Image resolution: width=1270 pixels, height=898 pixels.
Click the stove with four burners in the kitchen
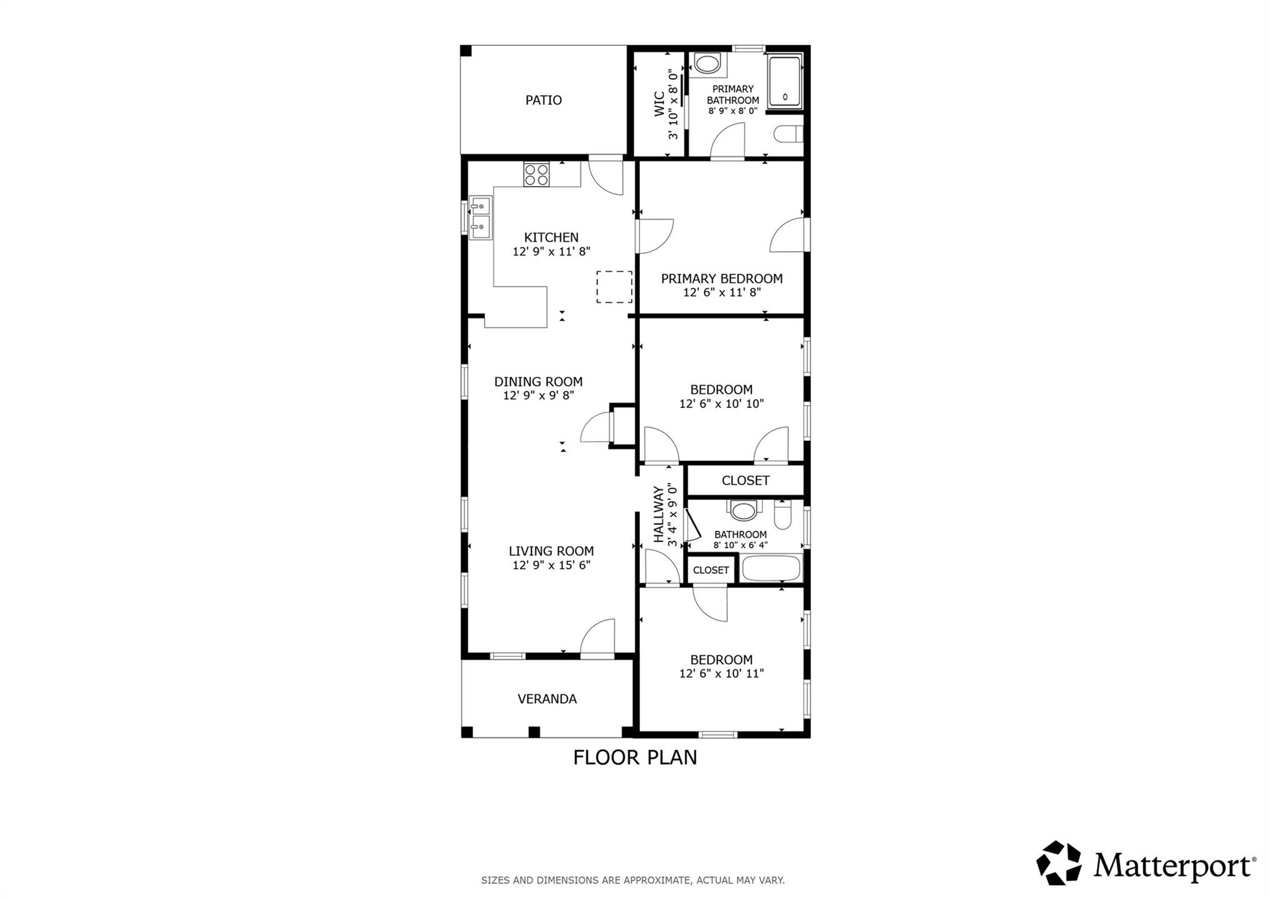536,174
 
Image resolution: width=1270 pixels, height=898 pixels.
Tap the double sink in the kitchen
481,218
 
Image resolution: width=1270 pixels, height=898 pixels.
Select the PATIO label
543,100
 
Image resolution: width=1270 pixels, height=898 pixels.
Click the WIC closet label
659,104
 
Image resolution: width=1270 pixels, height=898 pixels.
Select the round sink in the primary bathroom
706,63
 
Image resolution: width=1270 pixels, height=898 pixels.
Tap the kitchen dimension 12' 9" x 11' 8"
551,252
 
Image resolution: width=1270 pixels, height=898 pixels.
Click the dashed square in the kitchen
614,287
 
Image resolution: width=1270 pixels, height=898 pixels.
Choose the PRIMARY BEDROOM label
721,278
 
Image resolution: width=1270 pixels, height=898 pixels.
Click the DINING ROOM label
538,381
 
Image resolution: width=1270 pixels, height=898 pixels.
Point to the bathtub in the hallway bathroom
771,569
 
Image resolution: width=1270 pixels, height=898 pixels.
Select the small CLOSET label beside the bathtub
711,570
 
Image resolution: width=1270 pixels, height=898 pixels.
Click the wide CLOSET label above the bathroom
745,480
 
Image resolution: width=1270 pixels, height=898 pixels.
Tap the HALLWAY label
659,514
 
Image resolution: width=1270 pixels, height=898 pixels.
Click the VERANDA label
547,699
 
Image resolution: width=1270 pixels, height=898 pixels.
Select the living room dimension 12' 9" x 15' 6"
551,565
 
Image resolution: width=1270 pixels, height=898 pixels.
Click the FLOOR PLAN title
634,757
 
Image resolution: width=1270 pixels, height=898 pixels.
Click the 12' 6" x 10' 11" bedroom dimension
721,674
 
